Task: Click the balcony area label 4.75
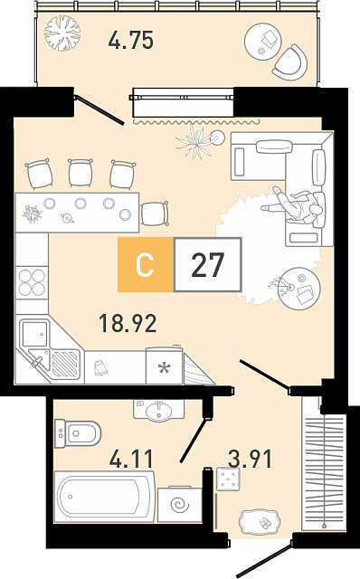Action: click(x=131, y=40)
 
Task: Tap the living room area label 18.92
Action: click(x=128, y=323)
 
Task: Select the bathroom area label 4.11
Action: click(x=131, y=459)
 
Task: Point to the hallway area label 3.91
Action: click(x=250, y=459)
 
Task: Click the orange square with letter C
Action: click(x=146, y=264)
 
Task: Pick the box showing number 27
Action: click(x=208, y=264)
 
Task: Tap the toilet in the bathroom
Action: click(x=78, y=433)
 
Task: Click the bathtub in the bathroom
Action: click(x=104, y=497)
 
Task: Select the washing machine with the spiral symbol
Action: click(x=180, y=504)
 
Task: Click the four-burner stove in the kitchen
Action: click(x=32, y=282)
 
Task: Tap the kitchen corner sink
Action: click(x=49, y=350)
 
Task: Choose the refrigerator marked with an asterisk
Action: click(x=165, y=365)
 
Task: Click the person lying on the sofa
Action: click(x=294, y=206)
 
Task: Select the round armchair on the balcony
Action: click(x=291, y=62)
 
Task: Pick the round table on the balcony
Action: click(x=262, y=41)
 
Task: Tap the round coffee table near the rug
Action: click(x=299, y=288)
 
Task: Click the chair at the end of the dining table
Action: click(x=155, y=214)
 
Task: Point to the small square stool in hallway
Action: click(x=228, y=479)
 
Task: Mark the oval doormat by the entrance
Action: click(x=258, y=522)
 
